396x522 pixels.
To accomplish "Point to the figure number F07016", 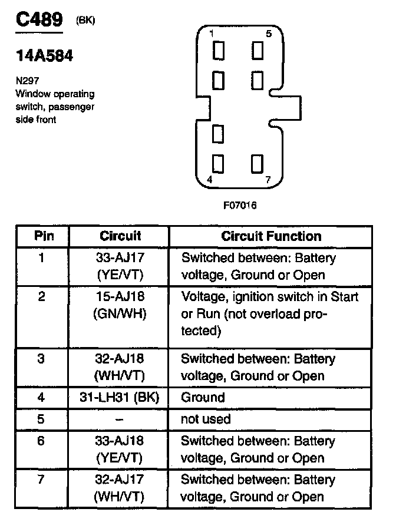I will pos(240,206).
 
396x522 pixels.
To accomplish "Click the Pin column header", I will pos(43,236).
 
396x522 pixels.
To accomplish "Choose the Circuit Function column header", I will pos(271,236).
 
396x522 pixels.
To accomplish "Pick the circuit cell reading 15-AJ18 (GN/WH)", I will pos(120,305).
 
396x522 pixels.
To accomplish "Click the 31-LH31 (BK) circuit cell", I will pos(120,397).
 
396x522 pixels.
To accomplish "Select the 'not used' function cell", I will pos(205,419).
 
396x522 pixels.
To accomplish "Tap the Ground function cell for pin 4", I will pos(203,397).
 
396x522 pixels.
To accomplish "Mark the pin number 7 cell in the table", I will pos(41,479).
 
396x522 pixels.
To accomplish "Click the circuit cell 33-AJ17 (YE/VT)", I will pos(120,266).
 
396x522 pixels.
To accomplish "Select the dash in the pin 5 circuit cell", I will pos(120,419).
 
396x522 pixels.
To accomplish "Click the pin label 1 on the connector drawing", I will pos(212,34).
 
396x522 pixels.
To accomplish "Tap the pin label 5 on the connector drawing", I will pos(268,34).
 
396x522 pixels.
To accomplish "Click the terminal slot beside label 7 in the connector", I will pos(256,163).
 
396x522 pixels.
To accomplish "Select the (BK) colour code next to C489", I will pos(85,21).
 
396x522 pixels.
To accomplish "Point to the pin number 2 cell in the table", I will pos(41,296).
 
